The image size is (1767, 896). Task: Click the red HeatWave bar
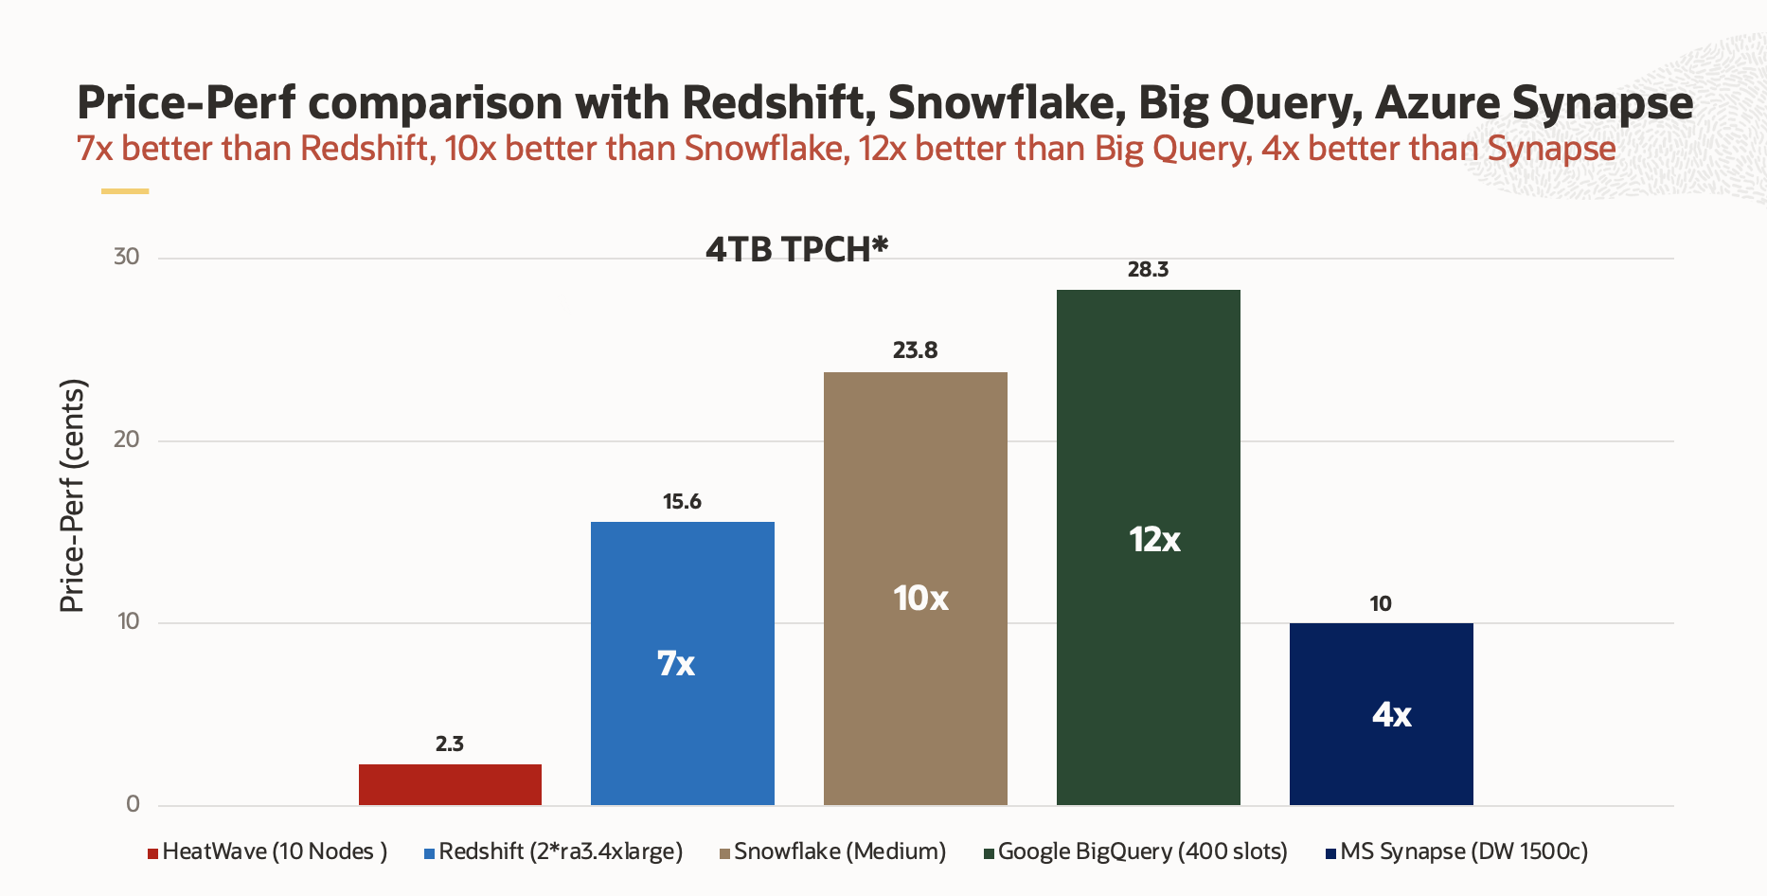point(450,784)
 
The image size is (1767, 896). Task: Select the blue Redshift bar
point(682,663)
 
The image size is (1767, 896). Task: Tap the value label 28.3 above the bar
point(1148,270)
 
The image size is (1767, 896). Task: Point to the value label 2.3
point(450,744)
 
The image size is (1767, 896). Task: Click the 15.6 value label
point(682,502)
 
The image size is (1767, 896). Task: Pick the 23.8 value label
point(915,350)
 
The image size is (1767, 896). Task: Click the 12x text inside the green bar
point(1154,540)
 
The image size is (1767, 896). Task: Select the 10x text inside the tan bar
point(920,599)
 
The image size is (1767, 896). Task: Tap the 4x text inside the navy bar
point(1391,715)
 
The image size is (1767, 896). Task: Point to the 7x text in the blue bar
point(676,664)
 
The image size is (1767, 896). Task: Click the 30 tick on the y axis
point(127,257)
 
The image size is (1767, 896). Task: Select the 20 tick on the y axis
point(127,439)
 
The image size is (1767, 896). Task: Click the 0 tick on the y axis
point(133,804)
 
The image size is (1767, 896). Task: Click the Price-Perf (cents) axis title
point(73,495)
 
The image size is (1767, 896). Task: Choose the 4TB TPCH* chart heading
point(796,249)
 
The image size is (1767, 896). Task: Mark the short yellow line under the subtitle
point(125,191)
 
